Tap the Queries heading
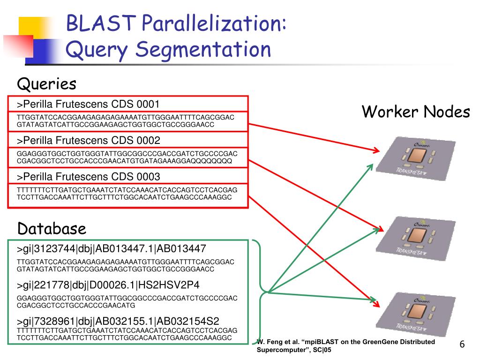46,84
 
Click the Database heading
52,229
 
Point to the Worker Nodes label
415,112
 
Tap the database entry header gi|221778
110,285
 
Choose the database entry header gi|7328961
118,321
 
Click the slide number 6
462,345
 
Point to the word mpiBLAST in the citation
309,342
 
